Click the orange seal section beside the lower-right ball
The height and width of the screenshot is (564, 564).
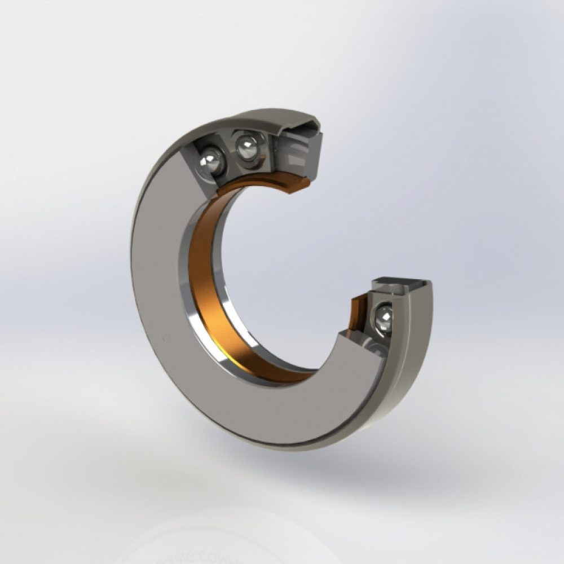[358, 313]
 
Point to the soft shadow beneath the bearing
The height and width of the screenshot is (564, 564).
[338, 462]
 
